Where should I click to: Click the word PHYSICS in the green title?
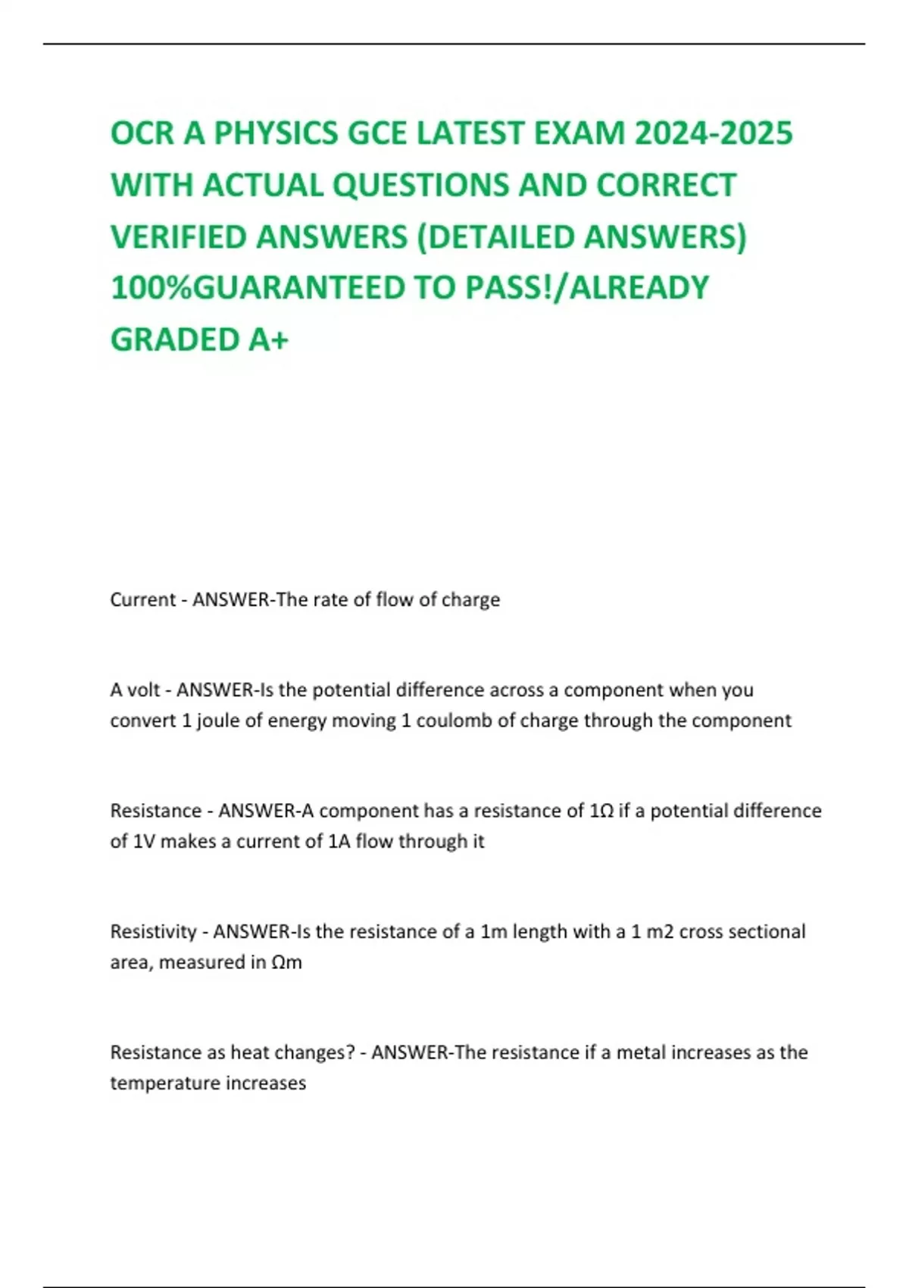(275, 133)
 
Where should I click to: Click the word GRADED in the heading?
(174, 339)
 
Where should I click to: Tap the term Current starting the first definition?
(143, 599)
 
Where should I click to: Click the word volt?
(143, 689)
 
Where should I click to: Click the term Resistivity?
(153, 931)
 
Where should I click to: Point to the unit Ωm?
(286, 962)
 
